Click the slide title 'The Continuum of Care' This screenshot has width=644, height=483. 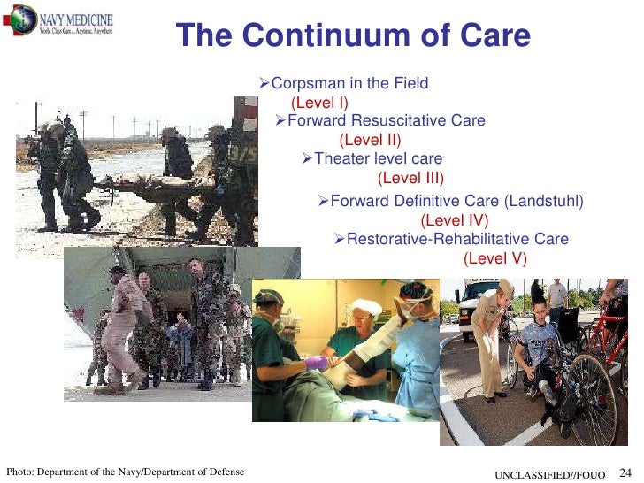click(353, 36)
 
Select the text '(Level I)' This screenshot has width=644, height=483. click(319, 103)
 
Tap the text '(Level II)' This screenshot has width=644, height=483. click(370, 140)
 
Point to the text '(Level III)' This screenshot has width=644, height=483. click(410, 178)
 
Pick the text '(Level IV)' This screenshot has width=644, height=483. click(454, 220)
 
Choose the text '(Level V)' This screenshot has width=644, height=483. click(494, 258)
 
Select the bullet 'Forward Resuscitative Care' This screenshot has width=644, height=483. click(386, 121)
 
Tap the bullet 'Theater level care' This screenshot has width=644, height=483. click(378, 159)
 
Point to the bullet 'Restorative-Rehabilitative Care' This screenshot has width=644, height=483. click(457, 240)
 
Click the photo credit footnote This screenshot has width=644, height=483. click(125, 471)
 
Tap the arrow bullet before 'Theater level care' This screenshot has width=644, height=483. click(307, 159)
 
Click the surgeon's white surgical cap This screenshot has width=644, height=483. click(366, 307)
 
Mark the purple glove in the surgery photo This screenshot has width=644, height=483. click(316, 362)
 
